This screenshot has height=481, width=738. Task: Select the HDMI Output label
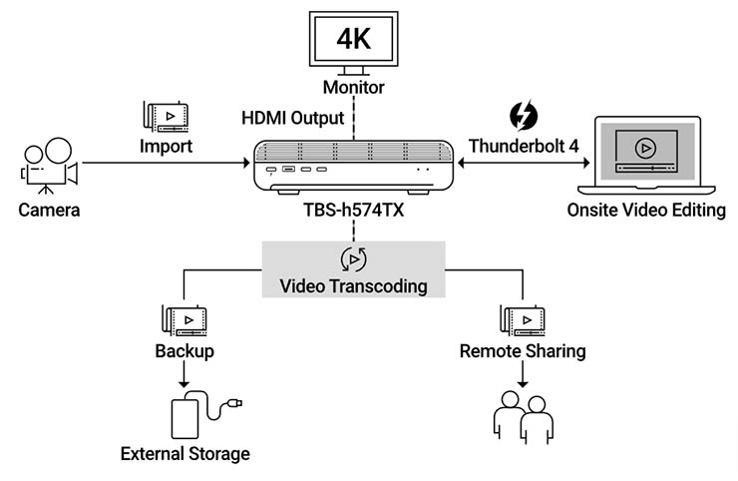[294, 117]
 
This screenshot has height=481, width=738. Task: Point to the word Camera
[48, 211]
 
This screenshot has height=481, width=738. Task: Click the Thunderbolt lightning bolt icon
[523, 116]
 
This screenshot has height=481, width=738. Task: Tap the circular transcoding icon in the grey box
[353, 259]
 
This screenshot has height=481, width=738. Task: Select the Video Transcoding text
[353, 286]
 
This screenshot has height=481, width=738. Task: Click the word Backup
[184, 351]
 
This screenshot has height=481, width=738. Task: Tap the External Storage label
[184, 455]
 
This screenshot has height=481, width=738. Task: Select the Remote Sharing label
[523, 351]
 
